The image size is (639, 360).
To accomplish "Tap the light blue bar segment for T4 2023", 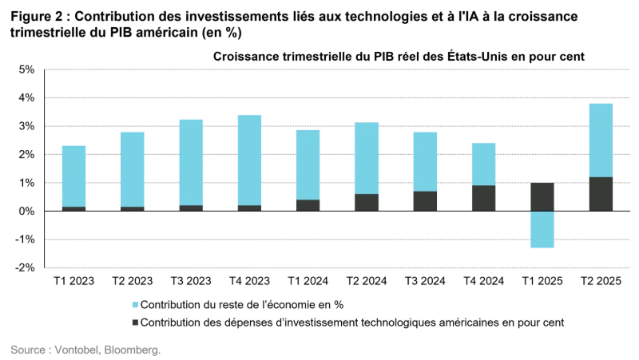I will pos(249,160).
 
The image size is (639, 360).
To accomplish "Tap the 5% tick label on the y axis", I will pos(26,69).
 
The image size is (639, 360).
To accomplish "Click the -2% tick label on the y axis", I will pos(26,268).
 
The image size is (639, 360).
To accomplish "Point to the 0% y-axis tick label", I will pos(26,212).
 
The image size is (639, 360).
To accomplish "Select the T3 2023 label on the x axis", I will pos(191,282).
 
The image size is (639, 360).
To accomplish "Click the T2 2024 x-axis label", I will pos(367,282).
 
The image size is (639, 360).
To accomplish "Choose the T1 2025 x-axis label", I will pos(543,282).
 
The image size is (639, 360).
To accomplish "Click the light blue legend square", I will pos(133,304).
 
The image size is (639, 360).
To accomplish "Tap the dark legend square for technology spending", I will pos(133,322).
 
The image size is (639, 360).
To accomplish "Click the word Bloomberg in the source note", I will pos(133,350).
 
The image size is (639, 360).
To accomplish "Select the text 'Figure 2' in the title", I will pos(35,17).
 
